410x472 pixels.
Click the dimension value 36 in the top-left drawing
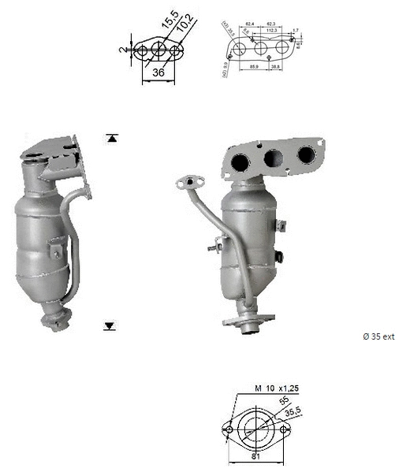tap(157, 72)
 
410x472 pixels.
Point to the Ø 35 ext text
tap(378, 336)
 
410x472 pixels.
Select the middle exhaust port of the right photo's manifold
tap(273, 158)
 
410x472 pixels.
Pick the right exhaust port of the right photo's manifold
tap(304, 154)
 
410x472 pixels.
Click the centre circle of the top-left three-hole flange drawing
tap(158, 51)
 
